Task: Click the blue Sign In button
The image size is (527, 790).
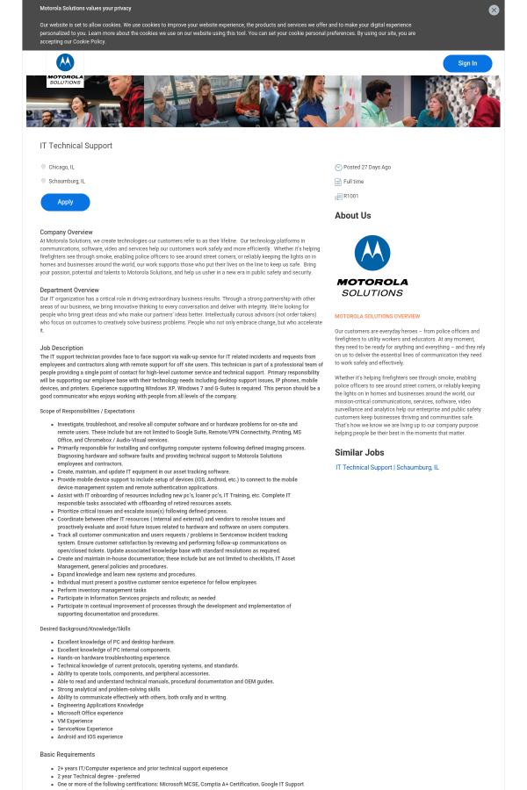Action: (x=467, y=63)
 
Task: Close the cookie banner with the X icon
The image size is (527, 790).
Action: (x=494, y=10)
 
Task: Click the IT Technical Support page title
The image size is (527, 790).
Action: (x=76, y=146)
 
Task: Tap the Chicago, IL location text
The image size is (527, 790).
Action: (x=61, y=167)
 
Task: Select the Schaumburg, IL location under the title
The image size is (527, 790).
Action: (x=67, y=181)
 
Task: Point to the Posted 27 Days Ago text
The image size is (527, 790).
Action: (x=367, y=167)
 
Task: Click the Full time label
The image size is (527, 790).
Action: (x=353, y=182)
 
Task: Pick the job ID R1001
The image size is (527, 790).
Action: (x=351, y=196)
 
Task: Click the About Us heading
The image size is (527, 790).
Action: (x=353, y=215)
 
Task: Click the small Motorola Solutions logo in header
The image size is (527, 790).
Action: (x=65, y=68)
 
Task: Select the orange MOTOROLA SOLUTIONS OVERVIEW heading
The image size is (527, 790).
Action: (x=377, y=316)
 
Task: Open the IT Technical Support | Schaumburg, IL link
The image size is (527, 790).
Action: (x=387, y=468)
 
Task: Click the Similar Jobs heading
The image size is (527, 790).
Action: (x=359, y=453)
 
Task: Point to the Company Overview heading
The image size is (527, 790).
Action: (x=67, y=232)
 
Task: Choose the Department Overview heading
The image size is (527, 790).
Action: (x=69, y=290)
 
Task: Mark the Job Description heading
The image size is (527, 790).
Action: (x=61, y=348)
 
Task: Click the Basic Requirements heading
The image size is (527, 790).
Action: (x=67, y=754)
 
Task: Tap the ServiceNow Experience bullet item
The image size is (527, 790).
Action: (x=85, y=729)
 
